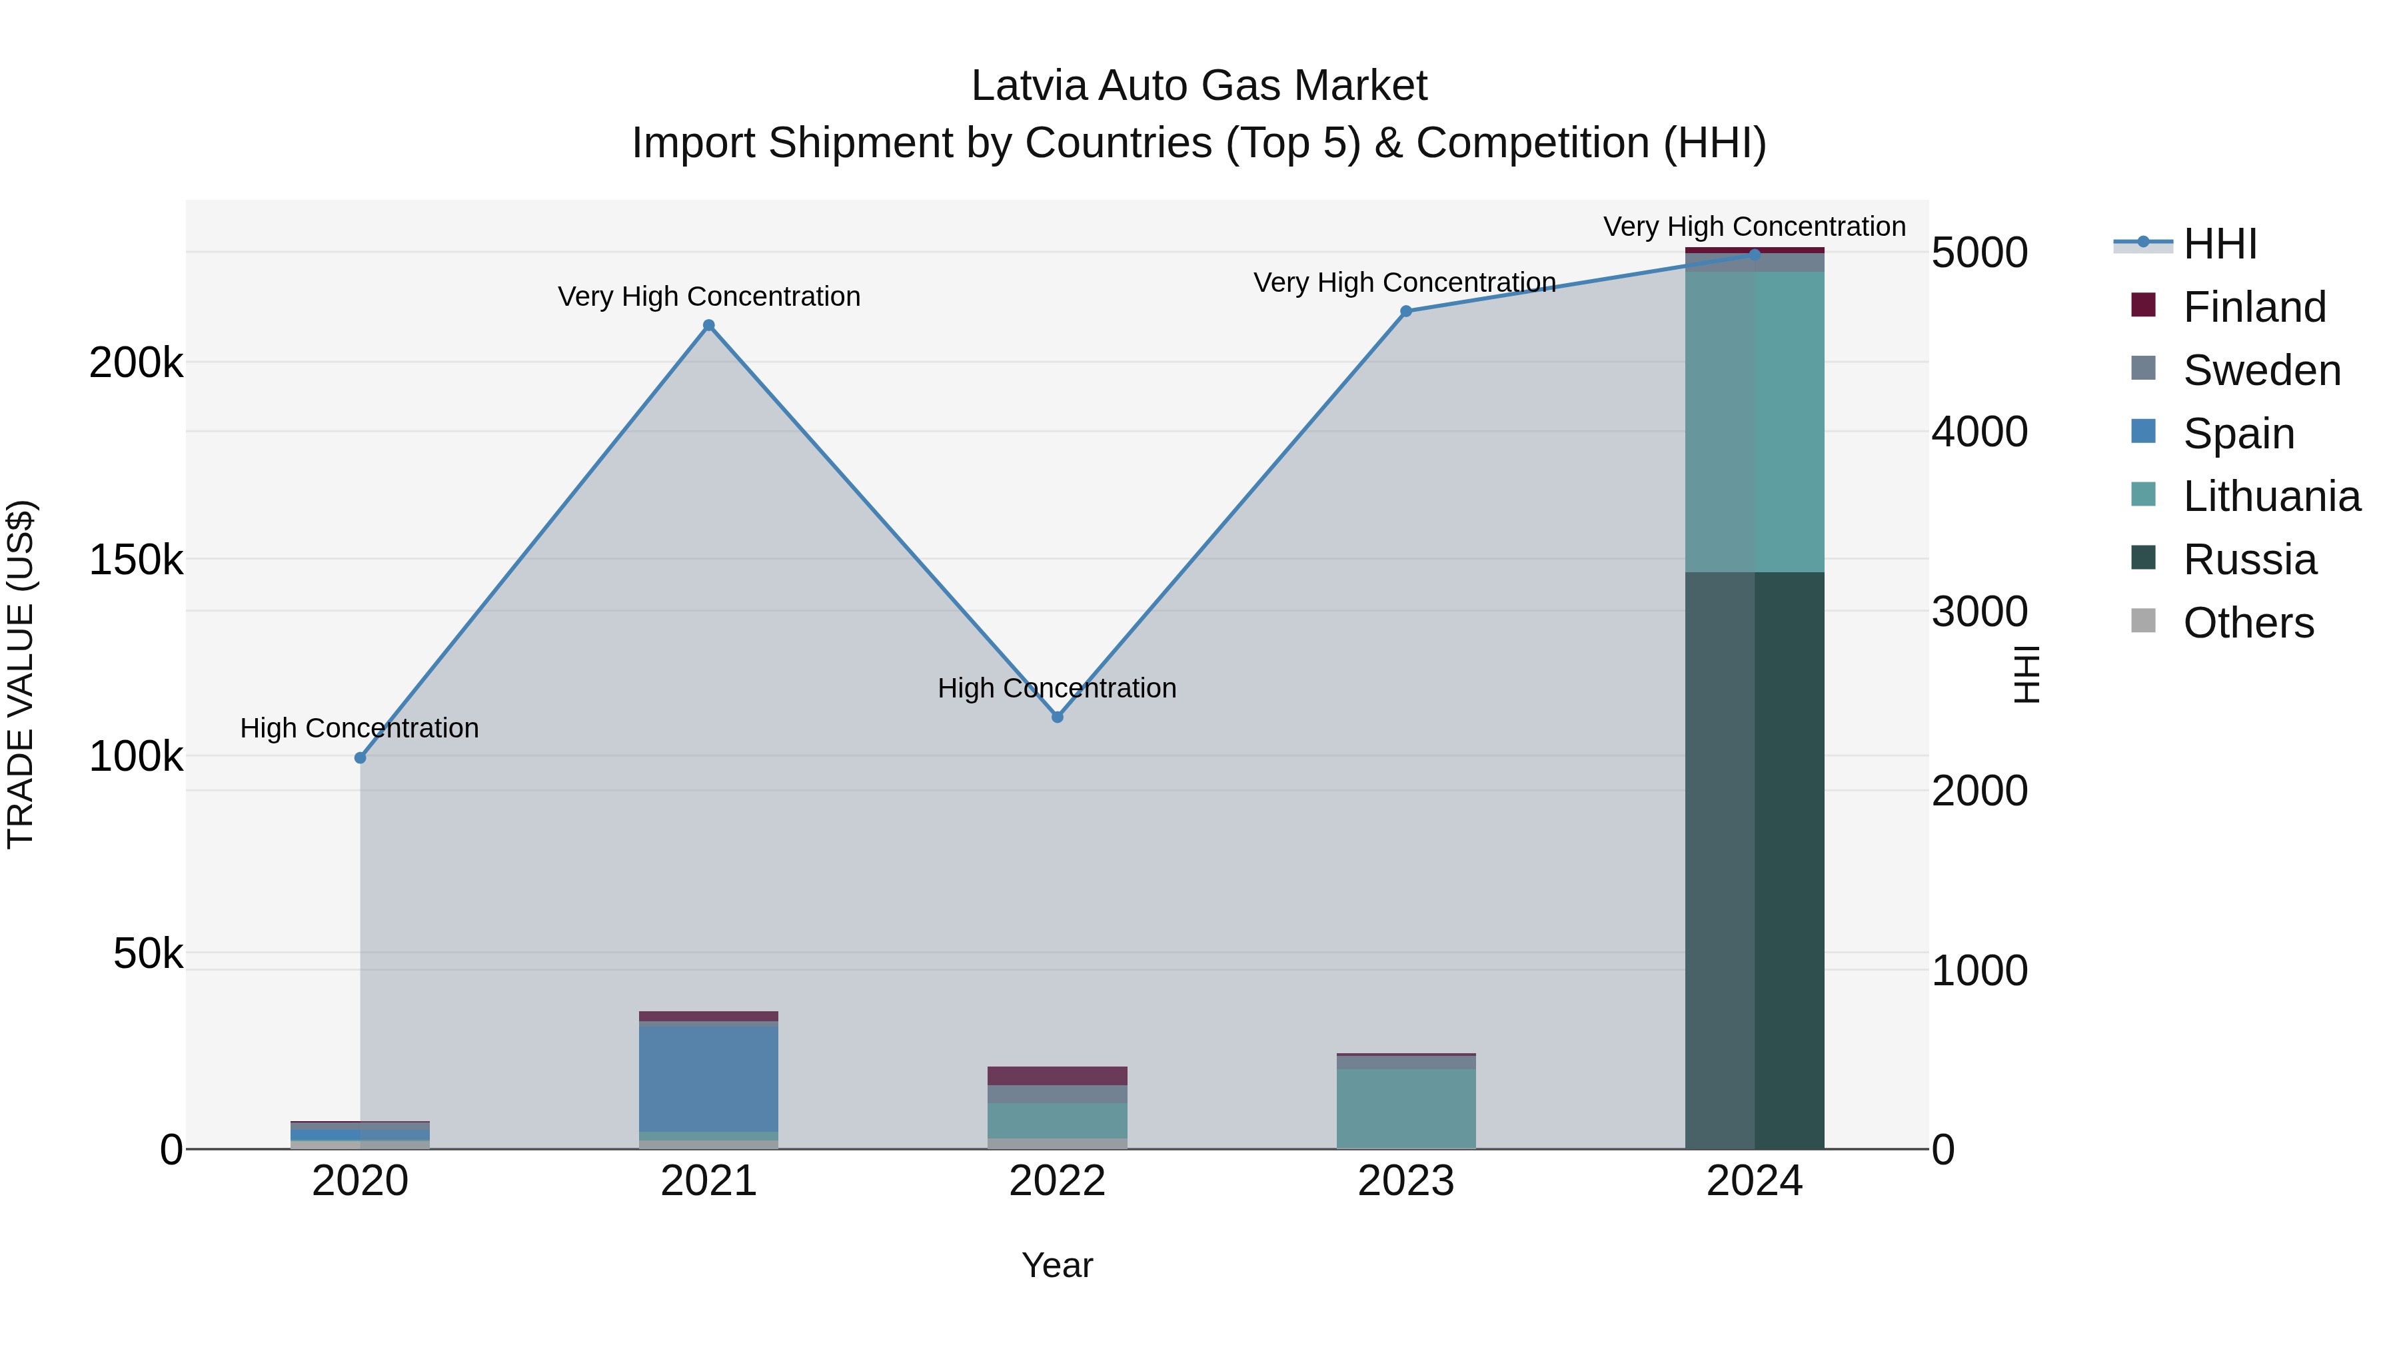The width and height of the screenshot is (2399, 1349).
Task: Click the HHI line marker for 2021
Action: click(x=709, y=326)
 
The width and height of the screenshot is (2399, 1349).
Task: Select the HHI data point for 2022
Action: click(x=1057, y=717)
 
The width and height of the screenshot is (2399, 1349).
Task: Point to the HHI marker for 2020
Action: click(x=361, y=758)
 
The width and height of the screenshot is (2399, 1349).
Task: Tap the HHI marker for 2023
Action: click(x=1406, y=312)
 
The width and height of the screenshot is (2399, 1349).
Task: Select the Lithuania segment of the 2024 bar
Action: click(x=1755, y=422)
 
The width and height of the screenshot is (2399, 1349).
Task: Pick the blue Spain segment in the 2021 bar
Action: click(x=709, y=1078)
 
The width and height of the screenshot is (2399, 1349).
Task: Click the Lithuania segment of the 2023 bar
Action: click(x=1406, y=1108)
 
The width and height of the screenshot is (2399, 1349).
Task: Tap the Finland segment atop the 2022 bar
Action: click(x=1057, y=1075)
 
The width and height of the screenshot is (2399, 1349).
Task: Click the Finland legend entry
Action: click(x=2254, y=307)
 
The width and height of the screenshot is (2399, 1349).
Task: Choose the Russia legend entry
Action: click(x=2249, y=560)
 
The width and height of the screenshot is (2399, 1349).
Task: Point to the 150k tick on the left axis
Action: click(x=136, y=560)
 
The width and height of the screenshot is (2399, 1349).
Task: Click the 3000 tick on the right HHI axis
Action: click(x=1979, y=612)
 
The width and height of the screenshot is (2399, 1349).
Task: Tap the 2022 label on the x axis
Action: click(x=1057, y=1181)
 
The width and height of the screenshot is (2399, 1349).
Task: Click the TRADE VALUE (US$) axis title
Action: click(x=21, y=674)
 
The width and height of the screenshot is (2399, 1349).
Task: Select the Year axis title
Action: click(x=1057, y=1265)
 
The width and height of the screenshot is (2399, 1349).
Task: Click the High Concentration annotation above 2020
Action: click(x=359, y=728)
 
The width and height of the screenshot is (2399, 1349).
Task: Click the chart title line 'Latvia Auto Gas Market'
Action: click(x=1199, y=86)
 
